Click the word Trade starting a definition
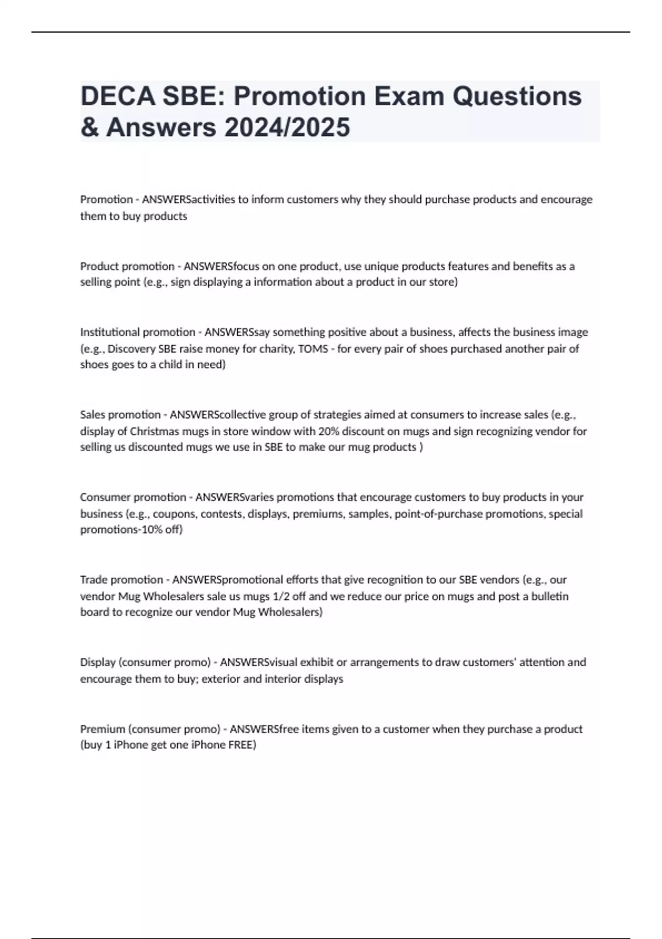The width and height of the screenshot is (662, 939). pos(93,580)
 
